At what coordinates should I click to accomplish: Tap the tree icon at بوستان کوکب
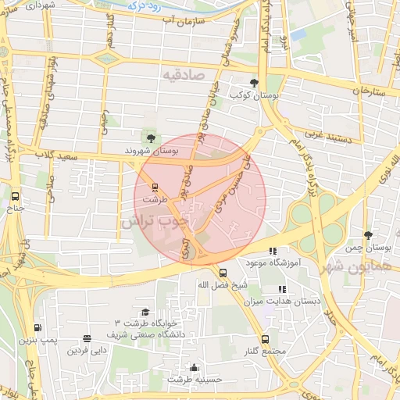point(254,82)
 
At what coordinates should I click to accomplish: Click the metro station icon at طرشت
point(155,187)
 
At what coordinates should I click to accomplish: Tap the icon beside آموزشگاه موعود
point(272,252)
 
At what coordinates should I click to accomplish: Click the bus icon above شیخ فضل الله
point(223,273)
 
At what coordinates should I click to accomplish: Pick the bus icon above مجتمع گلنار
point(265,339)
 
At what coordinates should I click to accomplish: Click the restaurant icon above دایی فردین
point(86,339)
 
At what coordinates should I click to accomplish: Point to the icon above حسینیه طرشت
point(194,367)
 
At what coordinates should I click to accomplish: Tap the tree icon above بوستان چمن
point(369,234)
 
